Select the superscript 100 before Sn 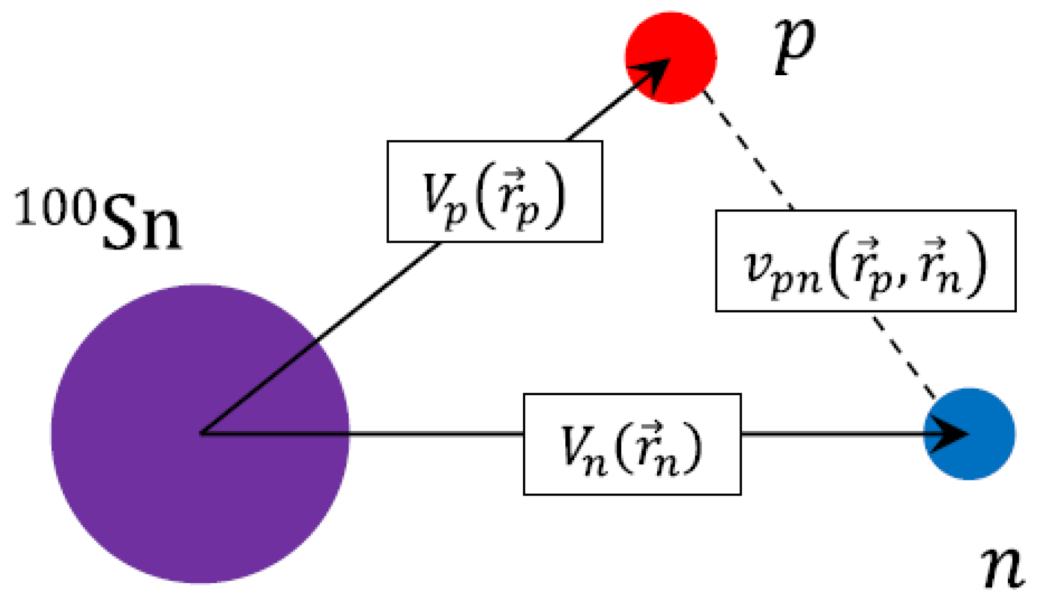[55, 207]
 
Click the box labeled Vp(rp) [494, 192]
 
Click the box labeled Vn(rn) [632, 444]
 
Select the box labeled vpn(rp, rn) [865, 261]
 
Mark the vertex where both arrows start [202, 433]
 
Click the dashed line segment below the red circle [749, 150]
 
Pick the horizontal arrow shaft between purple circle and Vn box [435, 434]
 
